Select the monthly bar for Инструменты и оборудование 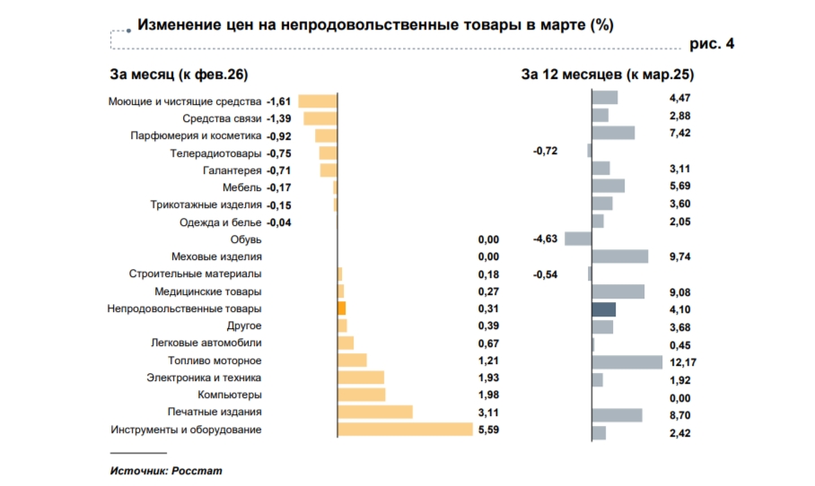click(x=405, y=430)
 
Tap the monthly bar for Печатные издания click(x=375, y=412)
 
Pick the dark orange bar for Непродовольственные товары click(x=341, y=308)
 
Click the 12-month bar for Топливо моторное click(x=627, y=361)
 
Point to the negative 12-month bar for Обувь click(x=578, y=239)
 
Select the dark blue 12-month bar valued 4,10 click(x=604, y=309)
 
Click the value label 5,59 click(x=488, y=430)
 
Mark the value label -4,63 click(x=546, y=239)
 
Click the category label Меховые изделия click(x=219, y=256)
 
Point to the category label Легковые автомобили click(x=206, y=343)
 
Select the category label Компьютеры click(x=230, y=395)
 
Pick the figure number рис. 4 click(x=711, y=43)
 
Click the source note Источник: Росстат click(x=165, y=470)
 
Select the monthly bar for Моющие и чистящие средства click(x=317, y=101)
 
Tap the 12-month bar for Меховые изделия click(x=620, y=256)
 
